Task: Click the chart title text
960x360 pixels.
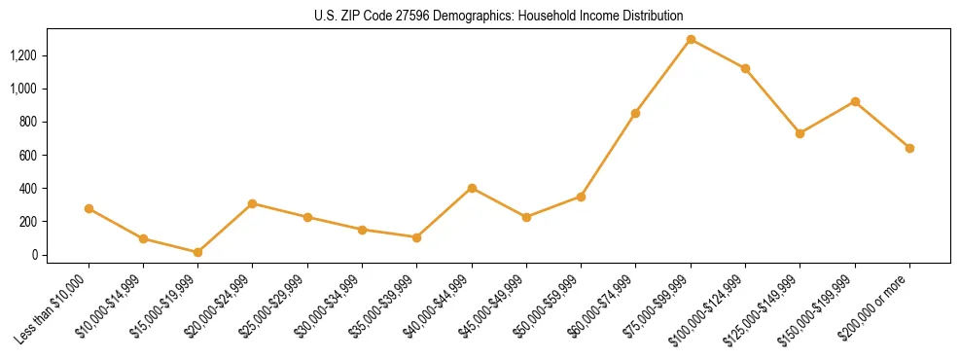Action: (x=498, y=16)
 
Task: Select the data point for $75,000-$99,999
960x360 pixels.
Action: (x=691, y=40)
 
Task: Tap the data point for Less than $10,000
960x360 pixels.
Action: (x=89, y=208)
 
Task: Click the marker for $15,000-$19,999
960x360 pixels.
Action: (x=197, y=252)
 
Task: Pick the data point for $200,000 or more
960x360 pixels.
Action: (x=909, y=148)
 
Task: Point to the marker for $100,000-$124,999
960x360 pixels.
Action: (x=745, y=68)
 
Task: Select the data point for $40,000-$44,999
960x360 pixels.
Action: (x=472, y=188)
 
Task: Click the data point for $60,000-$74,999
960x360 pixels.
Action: (x=635, y=113)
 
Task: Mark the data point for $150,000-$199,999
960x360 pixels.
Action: (x=855, y=101)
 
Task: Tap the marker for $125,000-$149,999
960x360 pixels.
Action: (x=800, y=133)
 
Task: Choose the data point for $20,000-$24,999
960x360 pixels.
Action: (x=252, y=203)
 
